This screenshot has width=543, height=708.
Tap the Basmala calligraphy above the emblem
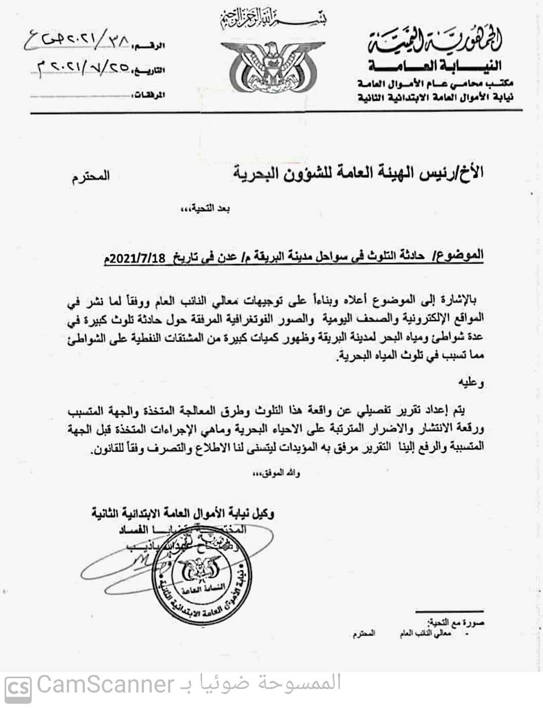pos(273,20)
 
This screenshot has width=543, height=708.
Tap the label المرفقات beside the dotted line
pos(147,96)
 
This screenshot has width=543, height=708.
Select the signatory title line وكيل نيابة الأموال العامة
pos(183,512)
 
